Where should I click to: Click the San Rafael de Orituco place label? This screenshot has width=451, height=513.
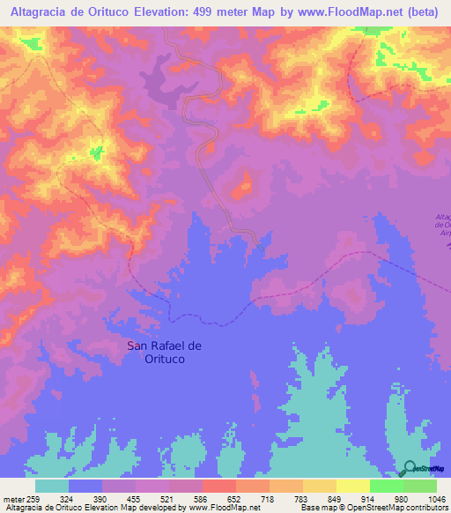(x=165, y=353)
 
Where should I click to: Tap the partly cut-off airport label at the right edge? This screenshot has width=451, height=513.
(x=443, y=224)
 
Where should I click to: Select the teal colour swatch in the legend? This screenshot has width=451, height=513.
(x=52, y=486)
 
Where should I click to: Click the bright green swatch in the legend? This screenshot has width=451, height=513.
(x=387, y=486)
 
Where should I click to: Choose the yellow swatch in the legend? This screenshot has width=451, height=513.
(x=353, y=486)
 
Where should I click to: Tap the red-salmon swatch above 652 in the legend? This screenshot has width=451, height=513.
(x=219, y=486)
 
